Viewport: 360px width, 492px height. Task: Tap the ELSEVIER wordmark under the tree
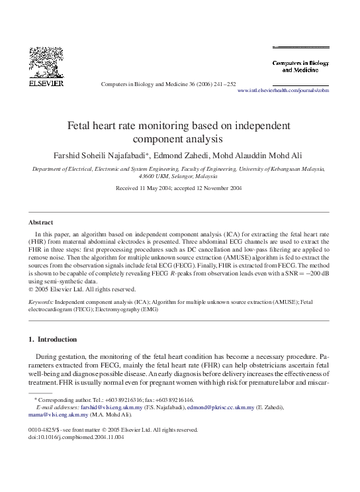pos(46,84)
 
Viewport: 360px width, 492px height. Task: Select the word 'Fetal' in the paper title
pos(83,126)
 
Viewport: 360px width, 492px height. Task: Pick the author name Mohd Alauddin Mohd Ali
pos(271,155)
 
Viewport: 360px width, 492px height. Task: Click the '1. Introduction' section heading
pos(53,339)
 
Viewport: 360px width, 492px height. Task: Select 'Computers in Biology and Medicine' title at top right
pos(301,66)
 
